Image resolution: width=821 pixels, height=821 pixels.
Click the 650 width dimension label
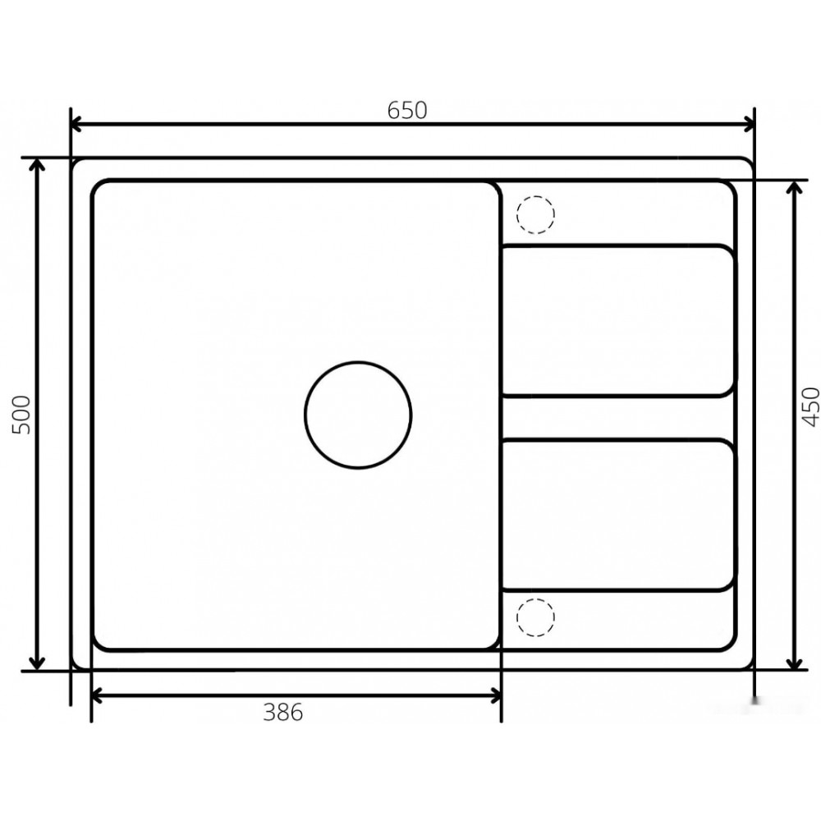pyautogui.click(x=407, y=110)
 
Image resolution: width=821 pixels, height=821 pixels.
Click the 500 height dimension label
pyautogui.click(x=21, y=415)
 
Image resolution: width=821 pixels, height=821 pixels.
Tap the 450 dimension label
pyautogui.click(x=810, y=406)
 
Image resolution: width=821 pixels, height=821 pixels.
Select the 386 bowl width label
pyautogui.click(x=282, y=712)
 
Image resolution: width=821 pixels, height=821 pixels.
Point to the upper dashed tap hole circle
pyautogui.click(x=535, y=196)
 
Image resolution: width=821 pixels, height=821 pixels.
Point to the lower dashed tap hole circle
pyautogui.click(x=535, y=599)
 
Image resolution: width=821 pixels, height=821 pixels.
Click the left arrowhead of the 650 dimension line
pyautogui.click(x=76, y=125)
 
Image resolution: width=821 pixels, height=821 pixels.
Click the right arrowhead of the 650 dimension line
pyautogui.click(x=750, y=125)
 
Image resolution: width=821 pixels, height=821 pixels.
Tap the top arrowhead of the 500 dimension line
pyautogui.click(x=37, y=163)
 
